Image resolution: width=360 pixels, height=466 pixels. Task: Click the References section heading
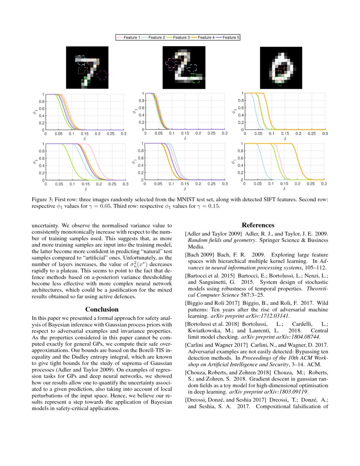coord(258,225)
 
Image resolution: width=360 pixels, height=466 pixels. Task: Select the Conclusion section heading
coord(102,310)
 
